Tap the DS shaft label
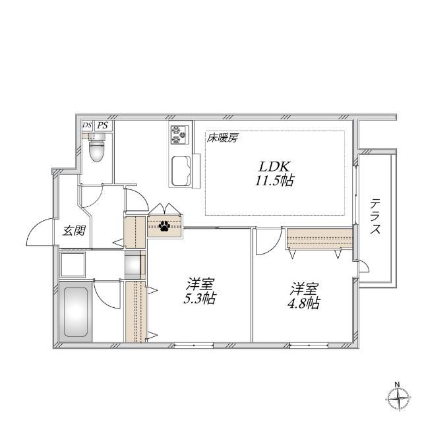point(87,125)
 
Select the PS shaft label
point(102,125)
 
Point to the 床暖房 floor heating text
point(223,138)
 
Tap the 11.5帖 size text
point(275,180)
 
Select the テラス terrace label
point(376,217)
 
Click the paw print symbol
point(164,227)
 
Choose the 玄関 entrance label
point(73,231)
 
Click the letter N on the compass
point(397,384)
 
